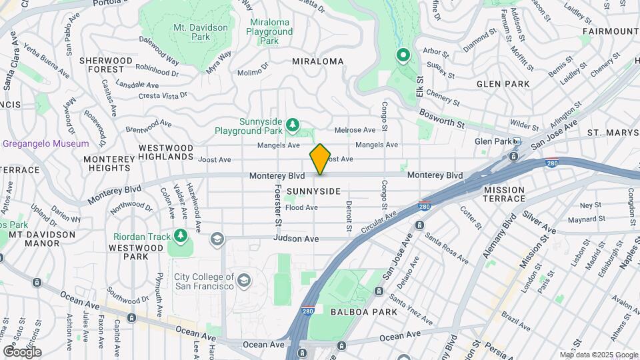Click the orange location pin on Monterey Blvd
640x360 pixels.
(x=320, y=159)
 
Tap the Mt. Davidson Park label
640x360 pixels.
(x=201, y=32)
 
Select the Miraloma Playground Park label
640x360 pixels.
(x=270, y=31)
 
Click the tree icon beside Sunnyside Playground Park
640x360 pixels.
(x=291, y=125)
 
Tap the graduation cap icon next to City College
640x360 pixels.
(x=243, y=280)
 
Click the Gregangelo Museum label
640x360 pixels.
(x=45, y=143)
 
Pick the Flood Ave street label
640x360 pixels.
(x=301, y=208)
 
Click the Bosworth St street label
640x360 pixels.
(x=441, y=119)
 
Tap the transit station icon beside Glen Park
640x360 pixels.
(x=517, y=141)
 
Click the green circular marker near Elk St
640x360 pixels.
(x=403, y=55)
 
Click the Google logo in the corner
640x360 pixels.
(x=22, y=351)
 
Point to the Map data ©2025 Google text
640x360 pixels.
(x=598, y=355)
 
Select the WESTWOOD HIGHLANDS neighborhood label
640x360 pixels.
(x=166, y=151)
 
